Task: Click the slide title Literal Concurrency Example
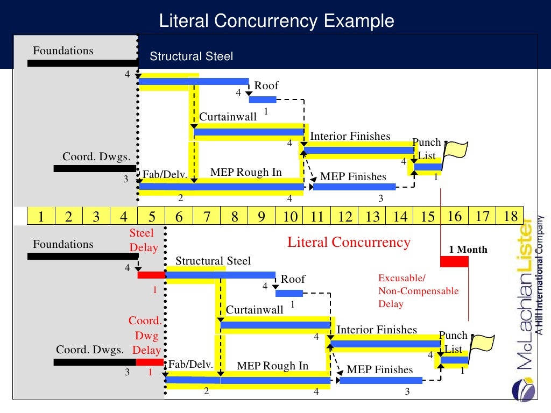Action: [x=277, y=21]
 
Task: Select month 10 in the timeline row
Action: [x=289, y=216]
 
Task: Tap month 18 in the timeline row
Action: [x=511, y=216]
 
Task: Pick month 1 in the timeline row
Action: [x=41, y=216]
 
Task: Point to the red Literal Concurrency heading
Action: [x=349, y=243]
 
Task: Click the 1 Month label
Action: [x=468, y=250]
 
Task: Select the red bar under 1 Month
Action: [x=454, y=261]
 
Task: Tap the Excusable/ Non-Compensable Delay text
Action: [x=418, y=291]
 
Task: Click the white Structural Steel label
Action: [x=191, y=56]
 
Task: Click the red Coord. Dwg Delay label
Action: [x=145, y=336]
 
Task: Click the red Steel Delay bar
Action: [x=151, y=275]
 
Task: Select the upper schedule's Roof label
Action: [x=266, y=86]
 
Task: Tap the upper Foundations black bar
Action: [x=83, y=63]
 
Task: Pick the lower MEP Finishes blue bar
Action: [x=381, y=380]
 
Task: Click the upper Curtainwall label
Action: [x=228, y=117]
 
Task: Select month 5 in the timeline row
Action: [x=151, y=216]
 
